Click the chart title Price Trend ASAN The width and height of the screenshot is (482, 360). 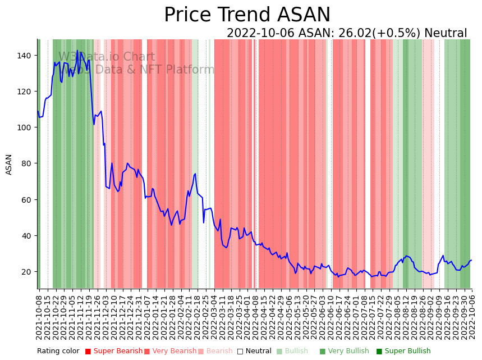coord(247,15)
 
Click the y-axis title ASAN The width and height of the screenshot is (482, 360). coord(9,165)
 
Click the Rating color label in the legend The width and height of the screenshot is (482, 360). coord(58,352)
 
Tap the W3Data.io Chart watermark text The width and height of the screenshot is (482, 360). coord(107,57)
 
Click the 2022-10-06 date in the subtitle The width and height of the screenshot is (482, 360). coord(258,34)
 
